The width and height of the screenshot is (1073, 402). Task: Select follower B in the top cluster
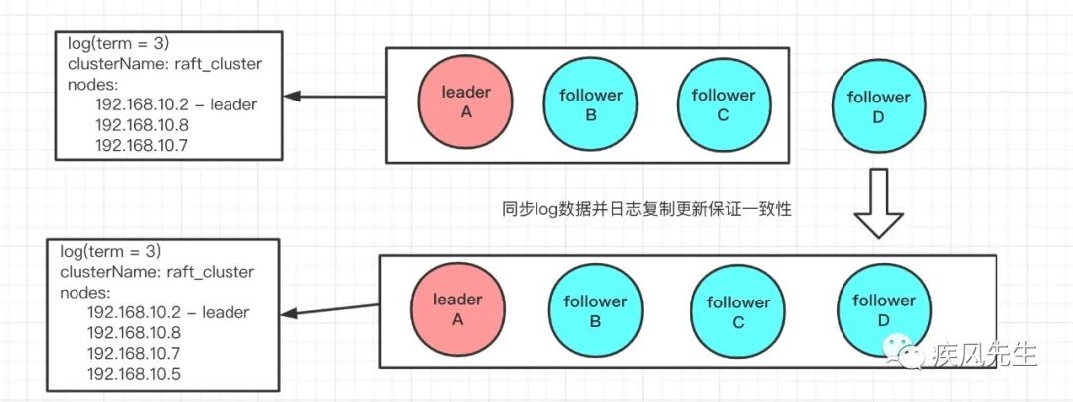590,104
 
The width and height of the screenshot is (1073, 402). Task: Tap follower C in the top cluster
723,104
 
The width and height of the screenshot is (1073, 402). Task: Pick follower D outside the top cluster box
878,106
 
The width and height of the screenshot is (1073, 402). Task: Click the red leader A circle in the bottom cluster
458,308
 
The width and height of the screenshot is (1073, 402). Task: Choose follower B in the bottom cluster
595,310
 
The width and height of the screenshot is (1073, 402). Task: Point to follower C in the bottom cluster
737,310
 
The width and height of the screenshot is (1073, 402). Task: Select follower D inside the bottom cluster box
883,308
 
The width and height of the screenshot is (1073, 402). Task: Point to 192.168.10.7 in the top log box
141,145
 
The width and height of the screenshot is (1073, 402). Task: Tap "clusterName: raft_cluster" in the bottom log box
157,272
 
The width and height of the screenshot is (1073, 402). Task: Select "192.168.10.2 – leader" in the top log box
176,104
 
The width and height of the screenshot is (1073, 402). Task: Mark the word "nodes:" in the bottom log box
84,293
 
